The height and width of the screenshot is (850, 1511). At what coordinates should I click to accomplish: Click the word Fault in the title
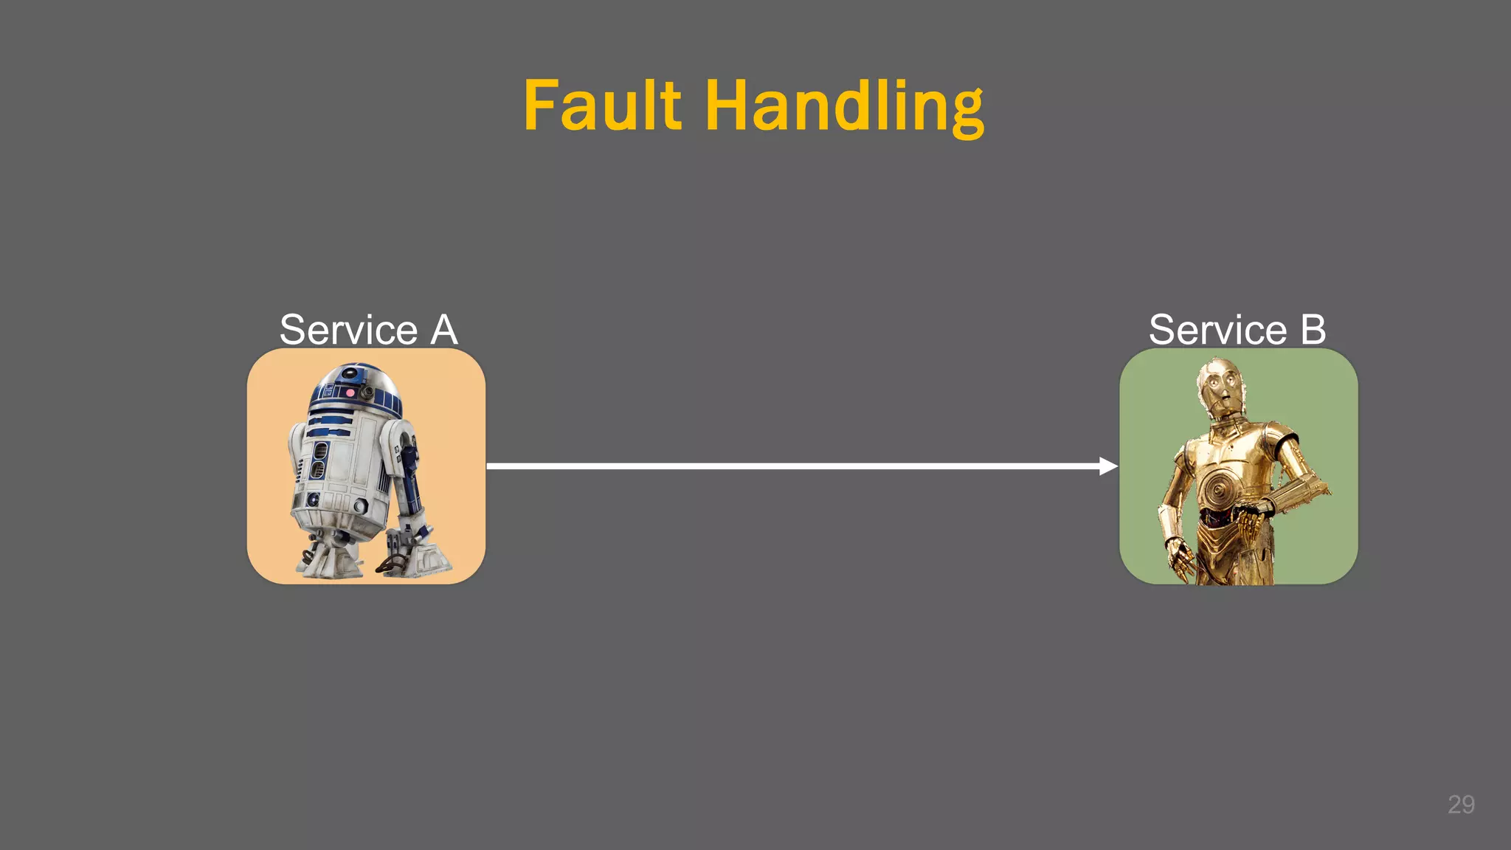click(x=602, y=106)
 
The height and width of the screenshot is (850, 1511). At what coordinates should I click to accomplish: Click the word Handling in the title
click(x=844, y=108)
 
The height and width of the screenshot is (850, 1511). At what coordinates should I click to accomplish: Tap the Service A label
click(x=368, y=329)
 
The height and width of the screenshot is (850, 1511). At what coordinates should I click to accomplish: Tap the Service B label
click(x=1237, y=329)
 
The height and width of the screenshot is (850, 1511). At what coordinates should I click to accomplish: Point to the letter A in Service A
click(x=443, y=329)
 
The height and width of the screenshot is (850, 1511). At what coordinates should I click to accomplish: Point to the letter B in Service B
click(x=1313, y=329)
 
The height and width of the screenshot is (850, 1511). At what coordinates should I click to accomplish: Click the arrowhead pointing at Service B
click(x=1107, y=466)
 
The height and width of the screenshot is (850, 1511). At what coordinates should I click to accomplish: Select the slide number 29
click(x=1461, y=804)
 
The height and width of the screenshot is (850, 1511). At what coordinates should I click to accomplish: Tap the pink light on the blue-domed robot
click(x=350, y=393)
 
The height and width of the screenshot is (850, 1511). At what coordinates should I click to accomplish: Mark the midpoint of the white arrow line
click(x=802, y=466)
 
